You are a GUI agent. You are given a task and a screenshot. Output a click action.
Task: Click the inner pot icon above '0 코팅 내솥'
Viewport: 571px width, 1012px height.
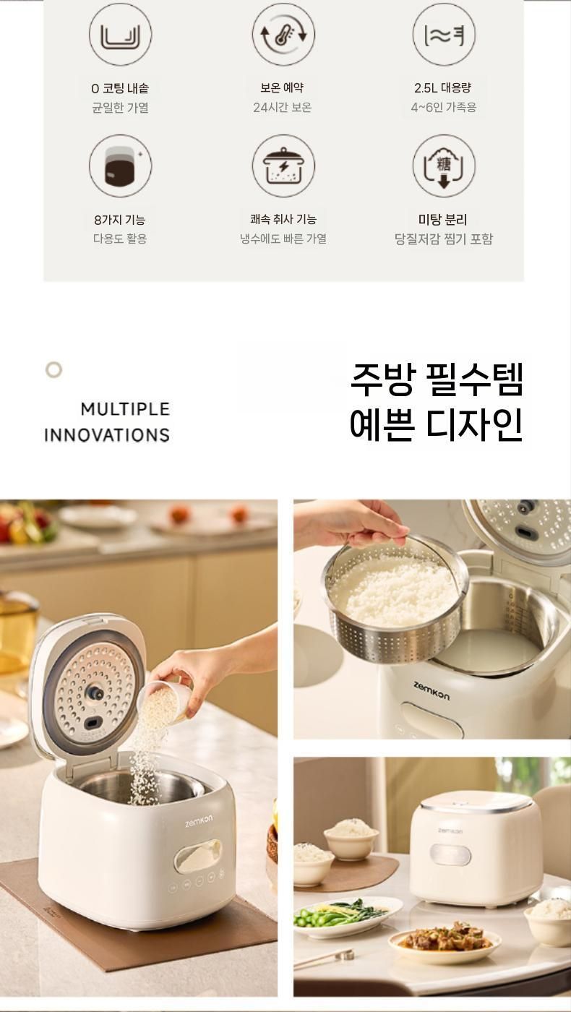(x=120, y=35)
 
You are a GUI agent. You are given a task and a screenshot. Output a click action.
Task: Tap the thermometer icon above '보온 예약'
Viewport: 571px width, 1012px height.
(x=283, y=35)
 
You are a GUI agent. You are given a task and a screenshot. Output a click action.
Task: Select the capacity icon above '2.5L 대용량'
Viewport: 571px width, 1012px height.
(x=444, y=35)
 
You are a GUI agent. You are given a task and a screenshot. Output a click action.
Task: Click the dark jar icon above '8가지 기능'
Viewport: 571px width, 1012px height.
(x=120, y=166)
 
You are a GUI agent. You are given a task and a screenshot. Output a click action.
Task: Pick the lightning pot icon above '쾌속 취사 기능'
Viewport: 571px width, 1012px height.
(x=283, y=166)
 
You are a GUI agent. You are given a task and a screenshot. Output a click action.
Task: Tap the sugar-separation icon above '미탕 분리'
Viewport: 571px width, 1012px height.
(x=444, y=166)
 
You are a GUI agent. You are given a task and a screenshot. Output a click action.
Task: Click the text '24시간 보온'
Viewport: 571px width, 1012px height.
(x=283, y=108)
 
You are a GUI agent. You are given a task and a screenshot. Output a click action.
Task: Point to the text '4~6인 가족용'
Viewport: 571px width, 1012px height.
(x=444, y=108)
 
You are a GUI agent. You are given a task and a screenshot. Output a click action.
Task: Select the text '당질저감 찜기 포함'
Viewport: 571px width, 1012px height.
(x=444, y=239)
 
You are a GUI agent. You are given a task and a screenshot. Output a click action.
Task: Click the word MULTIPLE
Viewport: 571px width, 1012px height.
(x=125, y=409)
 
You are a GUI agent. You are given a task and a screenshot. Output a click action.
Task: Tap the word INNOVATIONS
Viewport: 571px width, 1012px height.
(x=107, y=435)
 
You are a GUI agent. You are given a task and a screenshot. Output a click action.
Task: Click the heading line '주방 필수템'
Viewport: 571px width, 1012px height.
(x=437, y=379)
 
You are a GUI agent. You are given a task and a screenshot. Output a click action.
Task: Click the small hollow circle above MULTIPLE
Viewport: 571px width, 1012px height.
(x=53, y=370)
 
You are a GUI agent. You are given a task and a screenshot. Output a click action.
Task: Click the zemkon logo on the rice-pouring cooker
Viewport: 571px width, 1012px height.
(x=199, y=820)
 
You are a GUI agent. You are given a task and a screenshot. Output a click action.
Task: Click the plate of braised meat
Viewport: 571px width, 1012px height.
(x=445, y=939)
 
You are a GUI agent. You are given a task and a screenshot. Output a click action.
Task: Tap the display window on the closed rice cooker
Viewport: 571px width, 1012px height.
(x=450, y=854)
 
